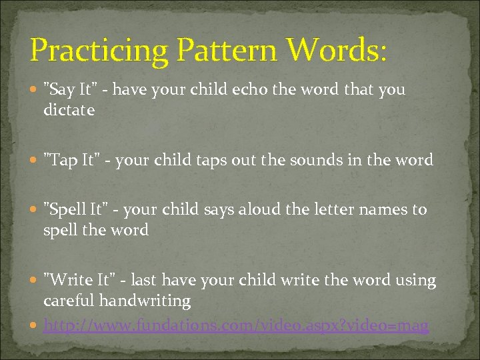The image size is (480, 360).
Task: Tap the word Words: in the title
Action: tap(335, 51)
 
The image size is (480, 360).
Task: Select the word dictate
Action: tap(69, 110)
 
